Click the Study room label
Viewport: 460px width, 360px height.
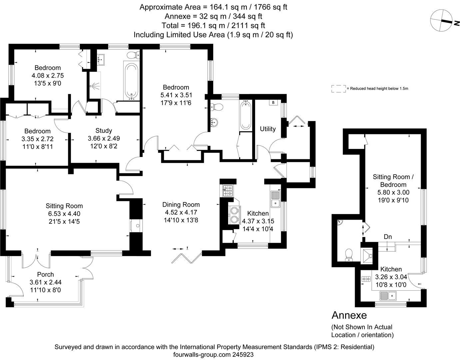click(x=104, y=131)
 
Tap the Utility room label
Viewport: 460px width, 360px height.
click(x=268, y=129)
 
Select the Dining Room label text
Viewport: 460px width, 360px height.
click(x=181, y=205)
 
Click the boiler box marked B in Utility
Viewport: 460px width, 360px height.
click(x=273, y=103)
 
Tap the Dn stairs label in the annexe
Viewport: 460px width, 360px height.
click(x=388, y=237)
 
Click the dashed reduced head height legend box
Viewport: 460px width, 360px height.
click(x=338, y=89)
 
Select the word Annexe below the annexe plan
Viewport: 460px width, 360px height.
click(x=349, y=315)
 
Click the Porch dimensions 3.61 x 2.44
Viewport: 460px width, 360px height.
click(x=45, y=282)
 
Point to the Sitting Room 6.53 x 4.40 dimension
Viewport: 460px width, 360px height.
click(x=64, y=214)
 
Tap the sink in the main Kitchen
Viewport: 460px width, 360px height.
click(x=276, y=199)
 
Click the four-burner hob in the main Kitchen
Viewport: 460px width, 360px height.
click(x=228, y=191)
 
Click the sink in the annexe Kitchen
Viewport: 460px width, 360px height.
click(x=388, y=295)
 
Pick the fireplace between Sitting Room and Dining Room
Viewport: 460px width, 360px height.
click(x=136, y=226)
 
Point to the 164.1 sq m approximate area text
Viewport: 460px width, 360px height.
click(x=213, y=7)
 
